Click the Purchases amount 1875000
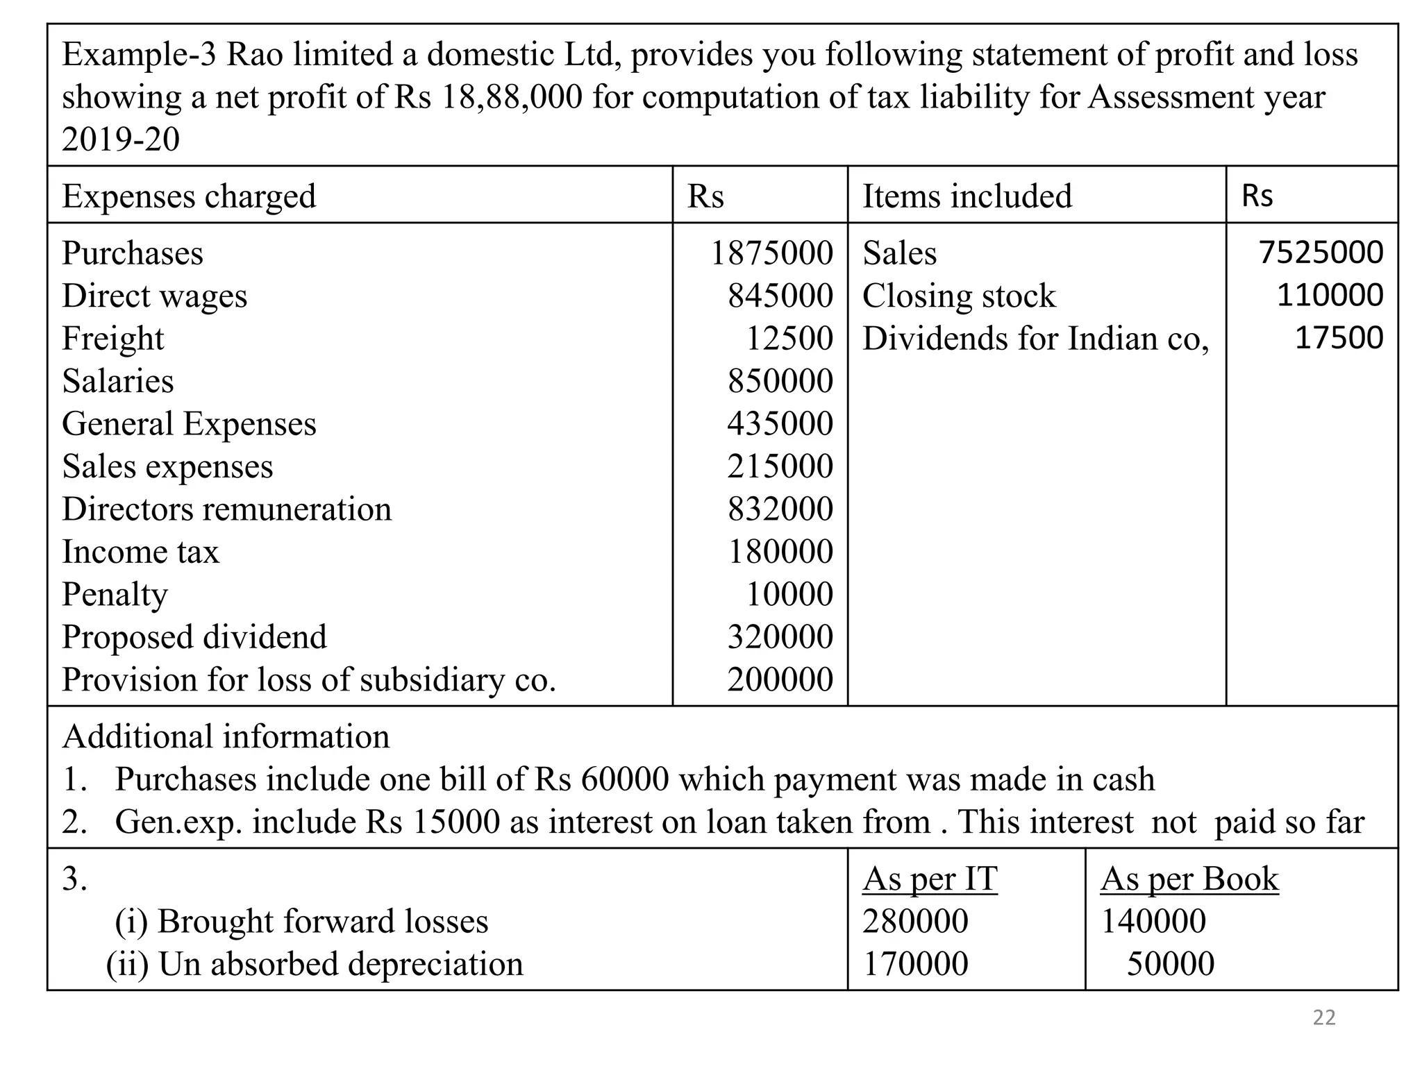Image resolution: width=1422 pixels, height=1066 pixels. (771, 253)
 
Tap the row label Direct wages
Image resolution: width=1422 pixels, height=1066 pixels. (154, 296)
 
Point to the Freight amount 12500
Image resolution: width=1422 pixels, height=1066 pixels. (789, 339)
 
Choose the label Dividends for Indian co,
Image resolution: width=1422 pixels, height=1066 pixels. (1035, 339)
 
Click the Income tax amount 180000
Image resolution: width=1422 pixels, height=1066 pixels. (780, 552)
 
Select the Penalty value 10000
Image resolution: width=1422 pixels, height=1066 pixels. (789, 595)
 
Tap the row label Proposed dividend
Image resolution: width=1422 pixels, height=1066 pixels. (194, 637)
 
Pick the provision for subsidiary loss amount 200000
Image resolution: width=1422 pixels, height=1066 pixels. (780, 680)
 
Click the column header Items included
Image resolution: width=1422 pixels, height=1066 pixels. (967, 196)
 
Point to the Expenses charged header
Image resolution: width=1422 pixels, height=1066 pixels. (189, 196)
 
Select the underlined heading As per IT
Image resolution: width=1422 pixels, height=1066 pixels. (930, 879)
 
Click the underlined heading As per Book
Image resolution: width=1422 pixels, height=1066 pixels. (1189, 879)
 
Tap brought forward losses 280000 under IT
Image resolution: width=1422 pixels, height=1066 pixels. (915, 922)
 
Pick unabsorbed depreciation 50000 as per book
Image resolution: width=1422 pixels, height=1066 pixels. (1170, 964)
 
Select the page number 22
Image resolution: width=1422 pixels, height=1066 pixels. (1324, 1017)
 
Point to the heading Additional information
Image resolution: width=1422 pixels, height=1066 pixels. (226, 737)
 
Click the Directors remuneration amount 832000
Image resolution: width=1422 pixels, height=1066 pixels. (780, 509)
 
